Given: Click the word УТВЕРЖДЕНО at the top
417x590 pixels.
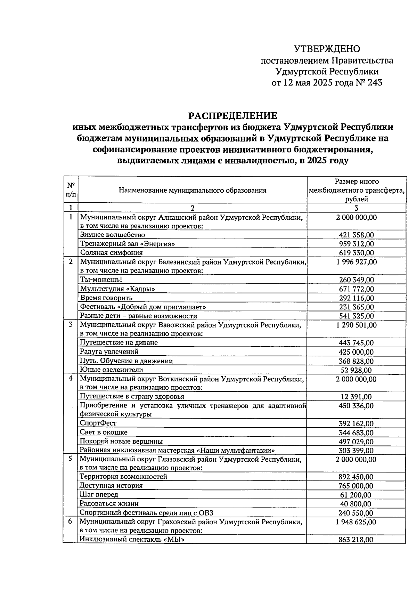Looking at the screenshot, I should [x=327, y=49].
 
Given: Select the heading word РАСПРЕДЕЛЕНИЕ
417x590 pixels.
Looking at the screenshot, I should [x=232, y=116].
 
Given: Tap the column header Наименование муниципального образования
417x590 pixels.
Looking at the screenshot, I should [x=193, y=190].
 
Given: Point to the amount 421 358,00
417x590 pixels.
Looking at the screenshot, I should [x=356, y=235].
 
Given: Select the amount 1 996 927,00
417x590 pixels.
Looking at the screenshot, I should [x=356, y=262].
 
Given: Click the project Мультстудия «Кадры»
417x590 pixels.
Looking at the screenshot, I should [x=117, y=289].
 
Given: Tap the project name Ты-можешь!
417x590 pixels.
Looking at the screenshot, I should [x=101, y=280].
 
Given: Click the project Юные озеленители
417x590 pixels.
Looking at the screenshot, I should [x=112, y=370].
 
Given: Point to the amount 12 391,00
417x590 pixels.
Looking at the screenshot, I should [x=356, y=397].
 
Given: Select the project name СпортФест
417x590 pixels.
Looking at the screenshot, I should [x=98, y=423].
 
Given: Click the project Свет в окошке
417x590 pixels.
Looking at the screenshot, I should [x=104, y=432].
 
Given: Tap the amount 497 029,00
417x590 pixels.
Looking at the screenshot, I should [x=356, y=442].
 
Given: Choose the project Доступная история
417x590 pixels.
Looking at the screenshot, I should [x=111, y=485].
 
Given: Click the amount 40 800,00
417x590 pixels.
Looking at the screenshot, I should [x=356, y=504].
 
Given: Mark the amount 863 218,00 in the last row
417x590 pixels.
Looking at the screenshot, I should [x=356, y=540].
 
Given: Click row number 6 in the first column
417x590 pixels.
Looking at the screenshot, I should [x=70, y=522].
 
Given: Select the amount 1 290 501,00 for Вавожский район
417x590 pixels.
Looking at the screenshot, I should [x=356, y=325].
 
